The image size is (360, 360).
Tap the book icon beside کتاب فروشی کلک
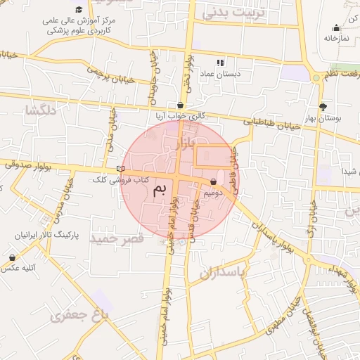coord(120,169)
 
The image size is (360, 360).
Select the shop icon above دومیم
coord(213,181)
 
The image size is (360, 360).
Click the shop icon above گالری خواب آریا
coord(181,105)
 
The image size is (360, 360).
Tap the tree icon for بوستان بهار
coord(323,107)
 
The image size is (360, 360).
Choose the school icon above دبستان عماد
coord(221,63)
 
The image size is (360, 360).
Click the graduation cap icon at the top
coord(79,8)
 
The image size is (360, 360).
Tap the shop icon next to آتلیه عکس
coord(12,257)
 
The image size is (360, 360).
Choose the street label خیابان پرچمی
coord(110,74)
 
